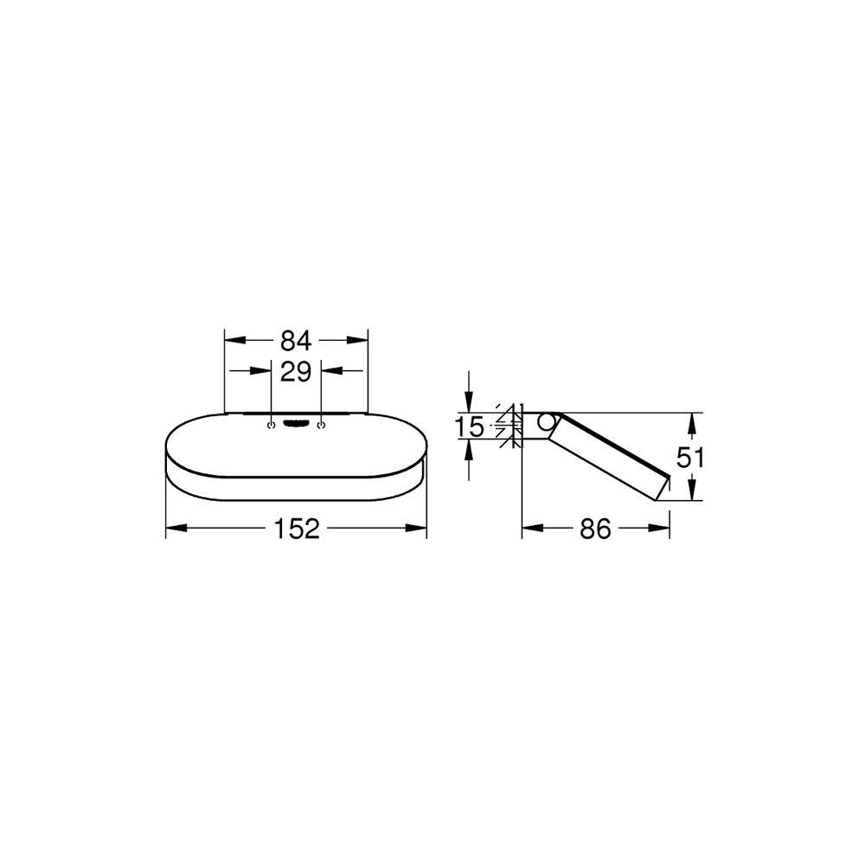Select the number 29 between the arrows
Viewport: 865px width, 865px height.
point(296,372)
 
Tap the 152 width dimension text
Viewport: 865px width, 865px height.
point(296,529)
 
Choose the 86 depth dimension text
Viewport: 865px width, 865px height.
point(595,529)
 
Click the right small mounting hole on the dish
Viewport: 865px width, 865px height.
point(321,425)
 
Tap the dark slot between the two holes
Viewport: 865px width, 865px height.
point(297,424)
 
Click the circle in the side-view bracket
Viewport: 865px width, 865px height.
point(545,422)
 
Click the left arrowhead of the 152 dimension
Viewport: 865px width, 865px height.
point(172,529)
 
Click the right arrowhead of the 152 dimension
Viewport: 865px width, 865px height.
point(420,529)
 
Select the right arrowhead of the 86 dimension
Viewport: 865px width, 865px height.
point(663,529)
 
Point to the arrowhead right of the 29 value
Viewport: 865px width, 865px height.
point(328,372)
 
